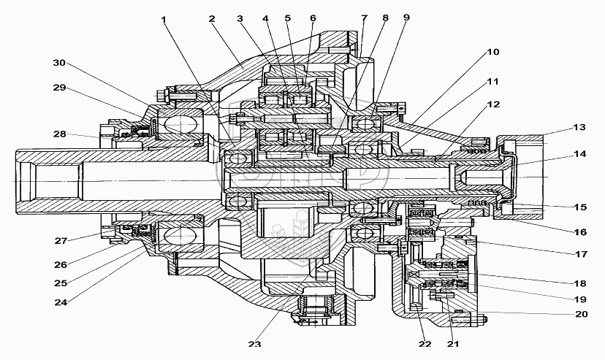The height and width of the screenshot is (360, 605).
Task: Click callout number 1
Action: [164, 20]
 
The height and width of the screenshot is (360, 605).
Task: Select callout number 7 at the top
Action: [363, 18]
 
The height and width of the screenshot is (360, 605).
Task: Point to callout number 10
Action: [493, 53]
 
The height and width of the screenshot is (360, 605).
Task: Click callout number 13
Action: [579, 128]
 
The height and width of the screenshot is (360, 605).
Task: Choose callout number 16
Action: [579, 232]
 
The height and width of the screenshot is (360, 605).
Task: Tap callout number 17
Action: [579, 256]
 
